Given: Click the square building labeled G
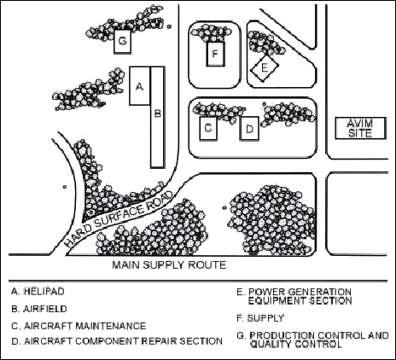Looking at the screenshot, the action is tap(123, 41).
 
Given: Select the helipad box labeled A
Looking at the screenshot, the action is tap(140, 86).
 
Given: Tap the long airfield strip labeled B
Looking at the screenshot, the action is tap(157, 117).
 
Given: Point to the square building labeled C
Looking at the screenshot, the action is tap(208, 128).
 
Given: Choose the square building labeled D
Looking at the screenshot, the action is tap(249, 128).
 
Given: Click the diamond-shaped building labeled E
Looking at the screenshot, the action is tap(265, 68).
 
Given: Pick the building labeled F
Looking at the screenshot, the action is tap(216, 54).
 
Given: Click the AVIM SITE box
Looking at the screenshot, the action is tap(360, 128).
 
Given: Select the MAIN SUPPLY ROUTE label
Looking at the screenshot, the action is tap(169, 265).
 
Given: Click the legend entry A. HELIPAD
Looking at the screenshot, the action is tap(38, 292).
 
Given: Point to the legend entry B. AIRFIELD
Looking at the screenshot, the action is tap(39, 309).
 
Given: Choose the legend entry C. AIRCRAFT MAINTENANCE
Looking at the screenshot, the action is tap(79, 326).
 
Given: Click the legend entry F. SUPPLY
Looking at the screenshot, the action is tap(260, 318).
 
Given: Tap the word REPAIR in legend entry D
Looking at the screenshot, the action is tap(160, 340).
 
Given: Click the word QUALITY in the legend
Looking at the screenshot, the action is tap(271, 345).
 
